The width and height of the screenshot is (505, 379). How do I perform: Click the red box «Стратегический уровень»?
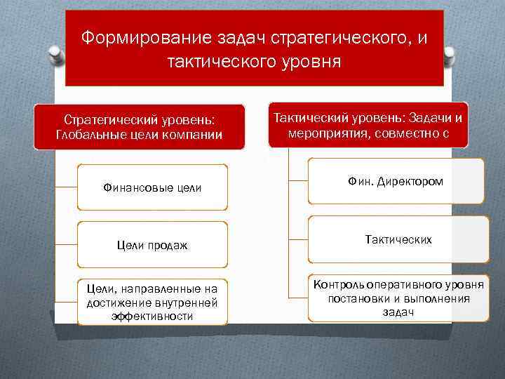[140, 126]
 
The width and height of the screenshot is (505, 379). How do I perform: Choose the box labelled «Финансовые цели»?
[152, 187]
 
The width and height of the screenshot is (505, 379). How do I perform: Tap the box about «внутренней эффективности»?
[152, 302]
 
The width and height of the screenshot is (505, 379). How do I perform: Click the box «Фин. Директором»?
[396, 182]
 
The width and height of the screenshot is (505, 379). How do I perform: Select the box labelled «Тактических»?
[398, 239]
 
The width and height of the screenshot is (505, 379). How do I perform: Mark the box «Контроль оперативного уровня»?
[398, 298]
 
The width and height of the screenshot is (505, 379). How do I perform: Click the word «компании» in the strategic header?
[196, 135]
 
